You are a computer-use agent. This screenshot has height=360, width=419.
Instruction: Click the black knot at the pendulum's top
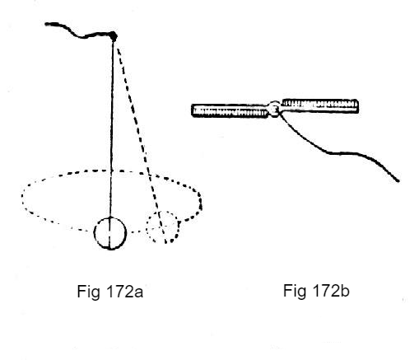click(x=113, y=36)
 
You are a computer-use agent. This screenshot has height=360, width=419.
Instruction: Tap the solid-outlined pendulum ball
click(x=110, y=233)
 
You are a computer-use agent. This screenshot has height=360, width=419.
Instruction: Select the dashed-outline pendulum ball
click(x=163, y=227)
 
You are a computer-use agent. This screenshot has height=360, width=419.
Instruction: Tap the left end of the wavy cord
click(x=46, y=25)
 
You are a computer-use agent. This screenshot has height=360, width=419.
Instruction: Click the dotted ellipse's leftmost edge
click(x=22, y=196)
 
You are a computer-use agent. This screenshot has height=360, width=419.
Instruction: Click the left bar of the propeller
click(x=230, y=111)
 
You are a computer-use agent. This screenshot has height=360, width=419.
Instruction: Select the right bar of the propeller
click(x=319, y=106)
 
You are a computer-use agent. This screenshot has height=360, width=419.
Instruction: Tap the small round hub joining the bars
click(x=274, y=109)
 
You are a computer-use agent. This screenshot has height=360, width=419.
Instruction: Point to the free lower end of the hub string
click(x=398, y=180)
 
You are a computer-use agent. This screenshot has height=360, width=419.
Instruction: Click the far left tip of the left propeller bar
click(x=192, y=111)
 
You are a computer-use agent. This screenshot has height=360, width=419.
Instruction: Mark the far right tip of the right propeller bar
click(x=358, y=106)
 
